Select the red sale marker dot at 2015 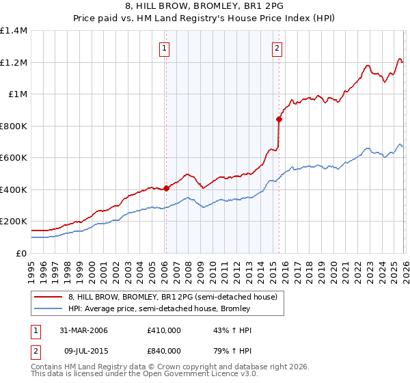279,120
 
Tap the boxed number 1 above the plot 165,48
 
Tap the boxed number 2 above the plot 277,48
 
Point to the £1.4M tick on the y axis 14,31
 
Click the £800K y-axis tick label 14,126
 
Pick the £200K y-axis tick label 14,222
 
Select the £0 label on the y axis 22,253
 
